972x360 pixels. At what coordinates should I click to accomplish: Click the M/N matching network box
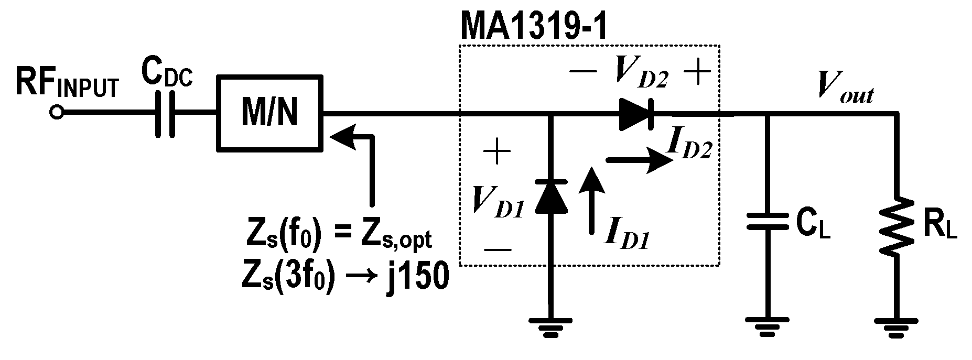[269, 113]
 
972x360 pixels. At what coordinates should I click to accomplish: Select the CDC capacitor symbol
[166, 113]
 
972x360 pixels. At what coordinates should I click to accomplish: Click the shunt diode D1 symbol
[550, 197]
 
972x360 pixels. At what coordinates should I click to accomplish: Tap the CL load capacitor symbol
[768, 221]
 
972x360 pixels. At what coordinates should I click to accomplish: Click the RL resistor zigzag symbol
[898, 225]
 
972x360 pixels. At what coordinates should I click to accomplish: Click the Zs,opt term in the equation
[396, 240]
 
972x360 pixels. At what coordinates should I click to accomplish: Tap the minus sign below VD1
[497, 249]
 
